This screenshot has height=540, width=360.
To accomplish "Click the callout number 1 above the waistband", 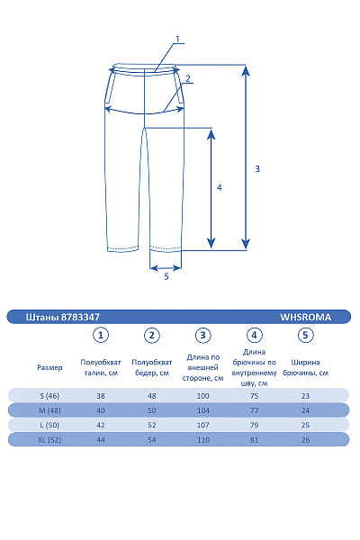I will click(x=178, y=39).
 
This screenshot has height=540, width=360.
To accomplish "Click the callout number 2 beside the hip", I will click(x=188, y=78).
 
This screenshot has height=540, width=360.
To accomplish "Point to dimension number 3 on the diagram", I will click(x=257, y=169).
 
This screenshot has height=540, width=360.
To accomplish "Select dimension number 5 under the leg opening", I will click(x=166, y=276).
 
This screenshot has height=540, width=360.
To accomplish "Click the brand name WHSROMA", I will click(x=306, y=317).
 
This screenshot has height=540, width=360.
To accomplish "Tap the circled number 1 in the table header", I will click(x=102, y=336).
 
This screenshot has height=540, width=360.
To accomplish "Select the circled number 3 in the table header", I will click(x=203, y=336).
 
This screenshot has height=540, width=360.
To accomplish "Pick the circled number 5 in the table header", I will click(x=305, y=336).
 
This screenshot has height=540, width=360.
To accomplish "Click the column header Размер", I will click(x=50, y=368).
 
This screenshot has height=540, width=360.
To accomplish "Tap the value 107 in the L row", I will click(x=203, y=424).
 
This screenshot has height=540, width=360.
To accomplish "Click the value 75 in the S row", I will click(x=254, y=395).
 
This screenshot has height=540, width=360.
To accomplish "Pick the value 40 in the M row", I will click(x=102, y=409).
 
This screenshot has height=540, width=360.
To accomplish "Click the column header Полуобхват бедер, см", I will click(x=152, y=368).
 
